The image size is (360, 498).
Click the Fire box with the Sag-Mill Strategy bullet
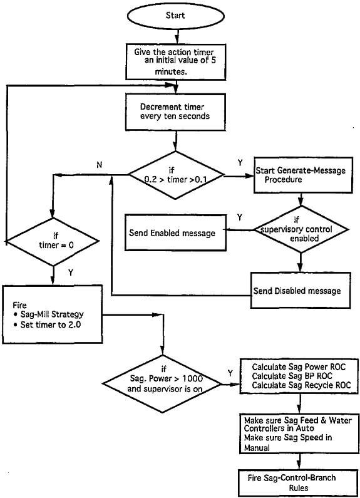[52, 314]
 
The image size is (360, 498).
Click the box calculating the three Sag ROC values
[296, 375]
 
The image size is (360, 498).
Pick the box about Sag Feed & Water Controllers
[296, 432]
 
